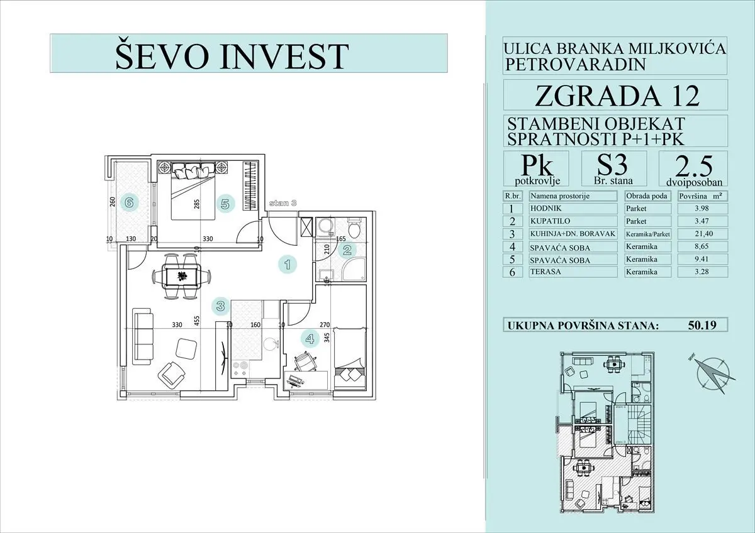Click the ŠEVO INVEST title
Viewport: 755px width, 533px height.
coord(232,55)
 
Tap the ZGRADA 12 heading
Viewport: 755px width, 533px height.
coord(617,96)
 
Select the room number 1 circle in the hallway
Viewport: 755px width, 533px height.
coord(288,265)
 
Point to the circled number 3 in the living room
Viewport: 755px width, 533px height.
coord(220,306)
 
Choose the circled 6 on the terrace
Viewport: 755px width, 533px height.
coord(129,202)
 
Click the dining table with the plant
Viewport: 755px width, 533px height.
coord(181,275)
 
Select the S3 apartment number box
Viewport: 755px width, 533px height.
coord(612,168)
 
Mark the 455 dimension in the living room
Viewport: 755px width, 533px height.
coord(197,322)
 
